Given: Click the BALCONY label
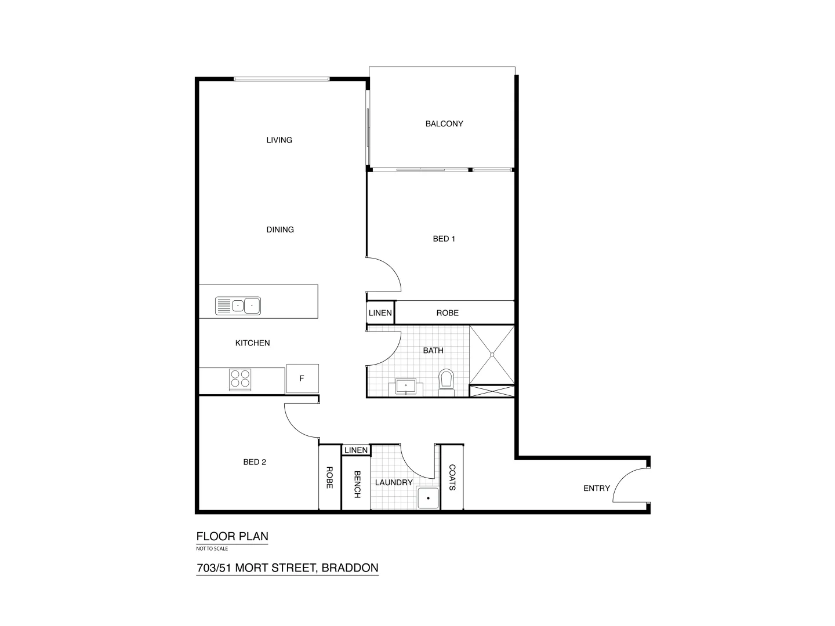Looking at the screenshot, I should click(x=444, y=123).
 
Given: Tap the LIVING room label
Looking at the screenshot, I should click(x=279, y=140).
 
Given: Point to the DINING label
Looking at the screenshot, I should click(x=280, y=230).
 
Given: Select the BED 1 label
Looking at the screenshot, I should click(x=444, y=238).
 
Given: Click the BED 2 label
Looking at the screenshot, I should click(x=255, y=462).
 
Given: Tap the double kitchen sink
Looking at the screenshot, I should click(x=238, y=305).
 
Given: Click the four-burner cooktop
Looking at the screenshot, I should click(x=240, y=378).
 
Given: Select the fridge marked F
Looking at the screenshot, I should click(x=302, y=378).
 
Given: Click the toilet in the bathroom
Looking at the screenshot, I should click(x=446, y=380).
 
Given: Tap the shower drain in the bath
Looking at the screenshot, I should click(x=492, y=354).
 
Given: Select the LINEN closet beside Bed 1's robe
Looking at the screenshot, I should click(x=380, y=313).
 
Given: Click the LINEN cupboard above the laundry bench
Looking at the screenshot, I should click(x=356, y=450).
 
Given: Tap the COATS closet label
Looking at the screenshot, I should click(x=452, y=478).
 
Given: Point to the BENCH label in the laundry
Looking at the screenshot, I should click(x=357, y=483).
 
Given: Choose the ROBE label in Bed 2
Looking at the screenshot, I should click(x=329, y=478).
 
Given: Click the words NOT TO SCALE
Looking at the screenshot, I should click(x=212, y=548).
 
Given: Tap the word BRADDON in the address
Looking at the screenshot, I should click(x=350, y=568).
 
